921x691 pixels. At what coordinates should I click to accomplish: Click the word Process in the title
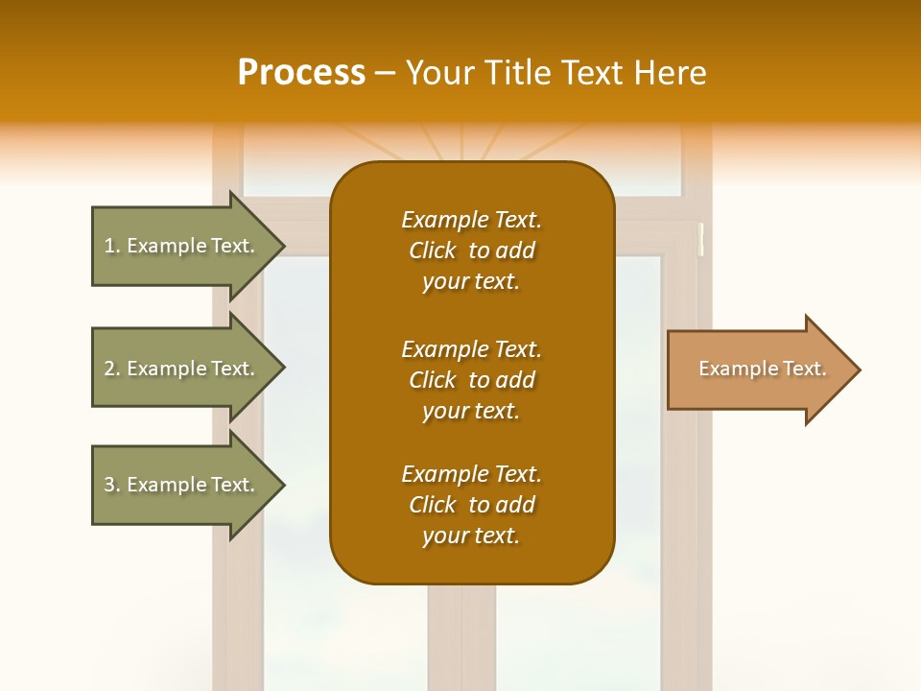(x=301, y=73)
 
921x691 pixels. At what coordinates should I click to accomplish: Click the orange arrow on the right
(x=758, y=369)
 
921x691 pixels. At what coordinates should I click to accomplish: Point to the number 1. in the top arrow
(x=112, y=246)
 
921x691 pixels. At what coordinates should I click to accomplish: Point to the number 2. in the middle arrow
(x=112, y=369)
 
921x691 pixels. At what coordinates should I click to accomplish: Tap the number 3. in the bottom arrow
(x=112, y=485)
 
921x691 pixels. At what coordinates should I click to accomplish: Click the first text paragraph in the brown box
(x=471, y=250)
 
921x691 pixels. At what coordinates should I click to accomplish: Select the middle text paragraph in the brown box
(x=471, y=380)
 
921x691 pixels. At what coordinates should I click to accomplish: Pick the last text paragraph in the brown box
(x=471, y=505)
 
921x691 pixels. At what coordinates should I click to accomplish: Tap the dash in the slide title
(x=385, y=73)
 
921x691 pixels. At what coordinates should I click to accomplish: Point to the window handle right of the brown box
(x=701, y=239)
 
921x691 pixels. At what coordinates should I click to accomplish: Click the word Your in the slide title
(x=439, y=73)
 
